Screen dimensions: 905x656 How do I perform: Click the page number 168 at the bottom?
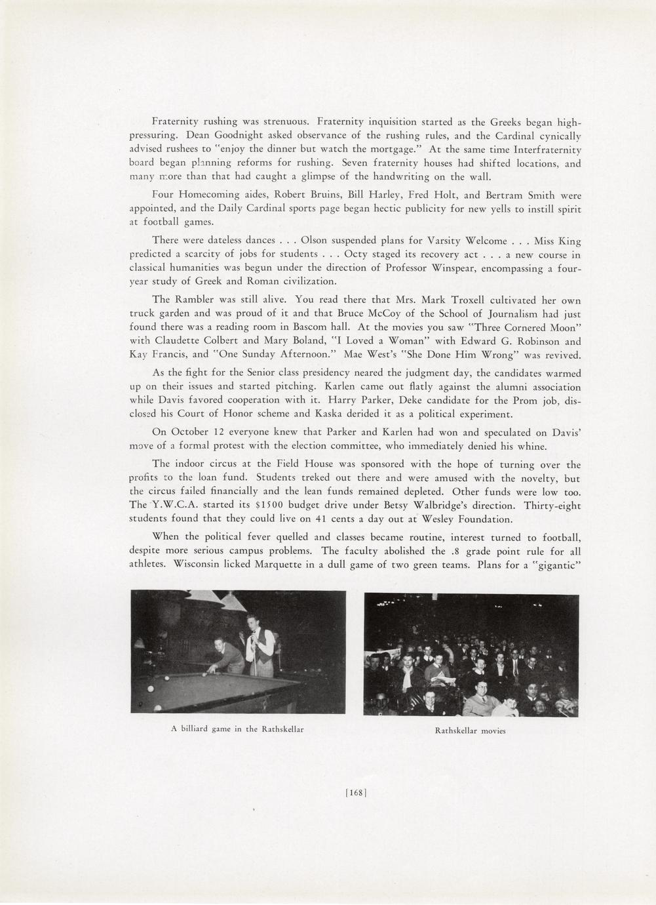(x=355, y=792)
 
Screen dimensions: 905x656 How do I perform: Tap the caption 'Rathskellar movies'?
(x=470, y=731)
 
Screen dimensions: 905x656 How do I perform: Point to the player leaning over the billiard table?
(x=226, y=656)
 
